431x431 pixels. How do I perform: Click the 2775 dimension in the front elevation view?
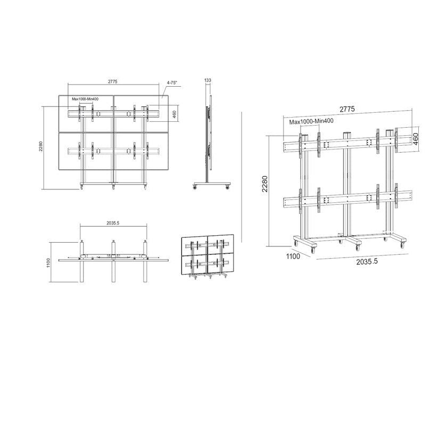pyautogui.click(x=112, y=81)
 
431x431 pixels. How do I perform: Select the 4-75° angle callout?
pyautogui.click(x=172, y=83)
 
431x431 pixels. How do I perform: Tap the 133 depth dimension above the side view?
pyautogui.click(x=208, y=80)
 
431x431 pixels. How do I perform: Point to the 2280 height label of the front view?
pyautogui.click(x=40, y=147)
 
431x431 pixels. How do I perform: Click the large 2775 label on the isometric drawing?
pyautogui.click(x=346, y=109)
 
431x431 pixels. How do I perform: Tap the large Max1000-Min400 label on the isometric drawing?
pyautogui.click(x=312, y=122)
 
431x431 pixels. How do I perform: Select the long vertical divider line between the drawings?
pyautogui.click(x=242, y=176)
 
